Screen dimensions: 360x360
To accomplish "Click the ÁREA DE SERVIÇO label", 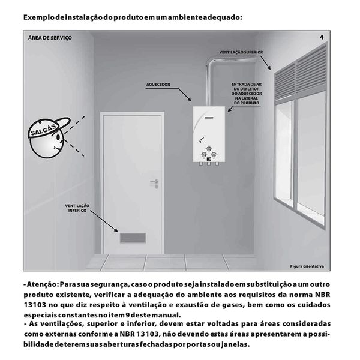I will (50, 37).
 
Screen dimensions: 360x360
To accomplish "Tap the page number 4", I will (322, 38).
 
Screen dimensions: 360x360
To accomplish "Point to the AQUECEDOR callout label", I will (158, 85).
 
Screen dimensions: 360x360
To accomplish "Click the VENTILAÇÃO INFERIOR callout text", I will (78, 208).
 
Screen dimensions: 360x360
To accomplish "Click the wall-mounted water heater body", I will (211, 135).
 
